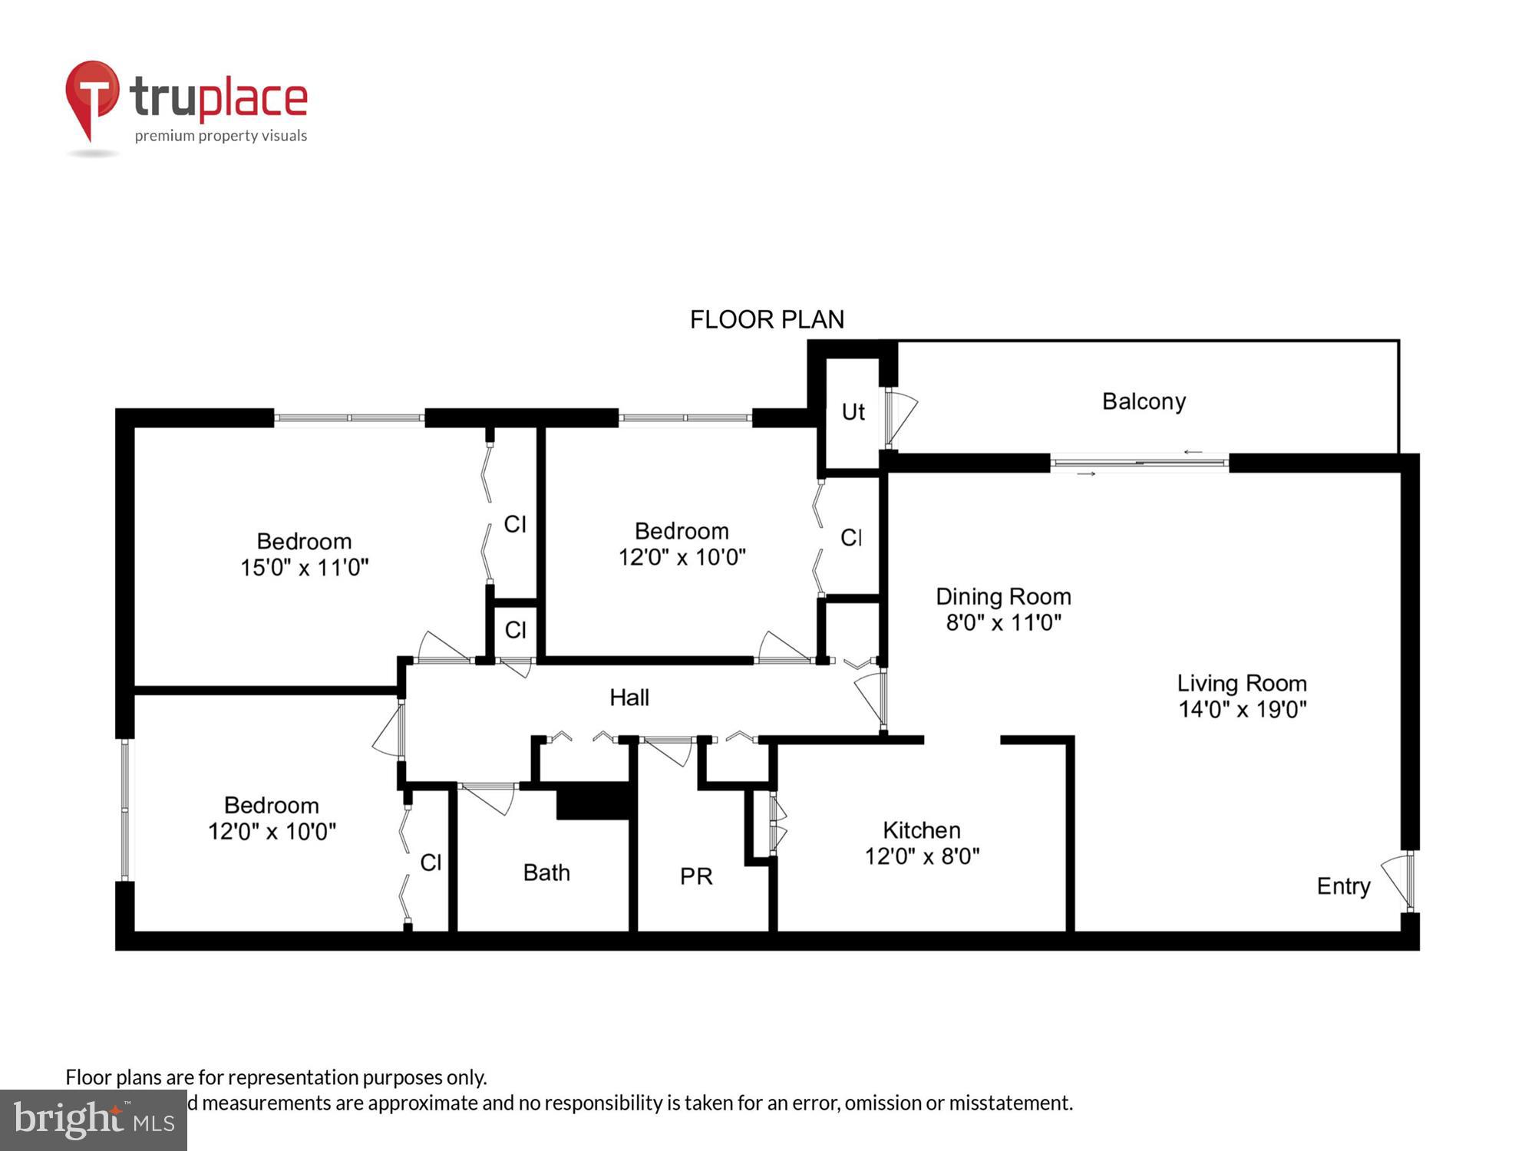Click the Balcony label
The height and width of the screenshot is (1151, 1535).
[x=1144, y=401]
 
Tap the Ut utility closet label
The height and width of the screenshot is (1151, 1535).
[x=853, y=412]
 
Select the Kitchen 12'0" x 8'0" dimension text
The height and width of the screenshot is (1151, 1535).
[x=922, y=856]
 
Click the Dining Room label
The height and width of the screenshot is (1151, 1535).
[x=1003, y=596]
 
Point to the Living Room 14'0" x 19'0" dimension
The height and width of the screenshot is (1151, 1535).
[x=1242, y=709]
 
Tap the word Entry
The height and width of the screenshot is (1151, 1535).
[x=1343, y=886]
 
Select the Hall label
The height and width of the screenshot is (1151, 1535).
[x=629, y=698]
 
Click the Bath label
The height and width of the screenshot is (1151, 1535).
[x=546, y=872]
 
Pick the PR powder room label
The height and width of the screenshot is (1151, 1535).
[x=696, y=876]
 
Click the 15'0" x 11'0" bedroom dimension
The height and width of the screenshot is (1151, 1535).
[x=305, y=568]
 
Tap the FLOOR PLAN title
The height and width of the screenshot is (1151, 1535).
[x=767, y=319]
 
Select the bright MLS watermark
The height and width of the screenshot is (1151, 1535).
[x=94, y=1120]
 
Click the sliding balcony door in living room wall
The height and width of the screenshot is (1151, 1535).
[x=1140, y=463]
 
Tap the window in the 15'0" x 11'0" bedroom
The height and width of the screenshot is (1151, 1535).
[x=349, y=418]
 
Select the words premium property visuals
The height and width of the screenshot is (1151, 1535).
[x=221, y=136]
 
